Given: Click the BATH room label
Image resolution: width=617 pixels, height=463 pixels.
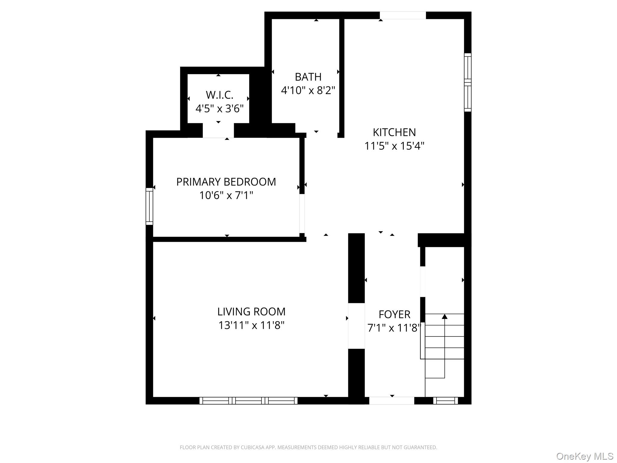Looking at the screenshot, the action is click(x=308, y=77).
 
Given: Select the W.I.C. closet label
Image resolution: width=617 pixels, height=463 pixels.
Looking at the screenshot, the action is click(x=219, y=95).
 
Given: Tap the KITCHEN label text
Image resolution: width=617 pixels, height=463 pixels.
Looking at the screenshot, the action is click(x=394, y=132).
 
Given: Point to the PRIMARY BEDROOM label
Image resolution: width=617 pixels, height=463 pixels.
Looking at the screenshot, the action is click(x=226, y=182).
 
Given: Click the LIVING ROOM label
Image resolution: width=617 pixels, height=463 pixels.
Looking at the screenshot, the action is click(x=251, y=311).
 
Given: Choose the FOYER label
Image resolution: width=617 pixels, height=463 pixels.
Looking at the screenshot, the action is click(x=394, y=314).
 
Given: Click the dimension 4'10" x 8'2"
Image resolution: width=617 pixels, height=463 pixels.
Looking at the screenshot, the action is click(x=308, y=90).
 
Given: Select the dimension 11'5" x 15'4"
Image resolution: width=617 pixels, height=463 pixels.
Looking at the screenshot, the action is click(x=394, y=146).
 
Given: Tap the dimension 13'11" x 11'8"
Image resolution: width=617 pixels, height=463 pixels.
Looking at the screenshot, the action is click(x=251, y=325).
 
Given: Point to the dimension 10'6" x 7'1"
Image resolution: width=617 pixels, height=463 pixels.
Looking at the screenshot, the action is click(x=226, y=195).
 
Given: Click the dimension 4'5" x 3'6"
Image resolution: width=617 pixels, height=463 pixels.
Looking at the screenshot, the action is click(x=219, y=109).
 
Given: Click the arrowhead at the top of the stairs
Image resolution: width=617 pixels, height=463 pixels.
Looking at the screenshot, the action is click(x=444, y=317).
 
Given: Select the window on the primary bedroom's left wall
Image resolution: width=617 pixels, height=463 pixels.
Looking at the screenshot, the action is click(x=149, y=206).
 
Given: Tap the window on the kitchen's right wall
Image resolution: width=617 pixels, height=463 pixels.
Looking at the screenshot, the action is click(x=468, y=82).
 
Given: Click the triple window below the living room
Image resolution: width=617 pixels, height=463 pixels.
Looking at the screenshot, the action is click(x=249, y=401).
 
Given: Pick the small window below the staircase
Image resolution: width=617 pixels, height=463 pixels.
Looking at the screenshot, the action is click(x=446, y=401).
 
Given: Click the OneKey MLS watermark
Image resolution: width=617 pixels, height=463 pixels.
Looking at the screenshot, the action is click(x=585, y=456).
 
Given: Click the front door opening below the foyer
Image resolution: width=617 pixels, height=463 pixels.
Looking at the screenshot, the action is click(x=392, y=401).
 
